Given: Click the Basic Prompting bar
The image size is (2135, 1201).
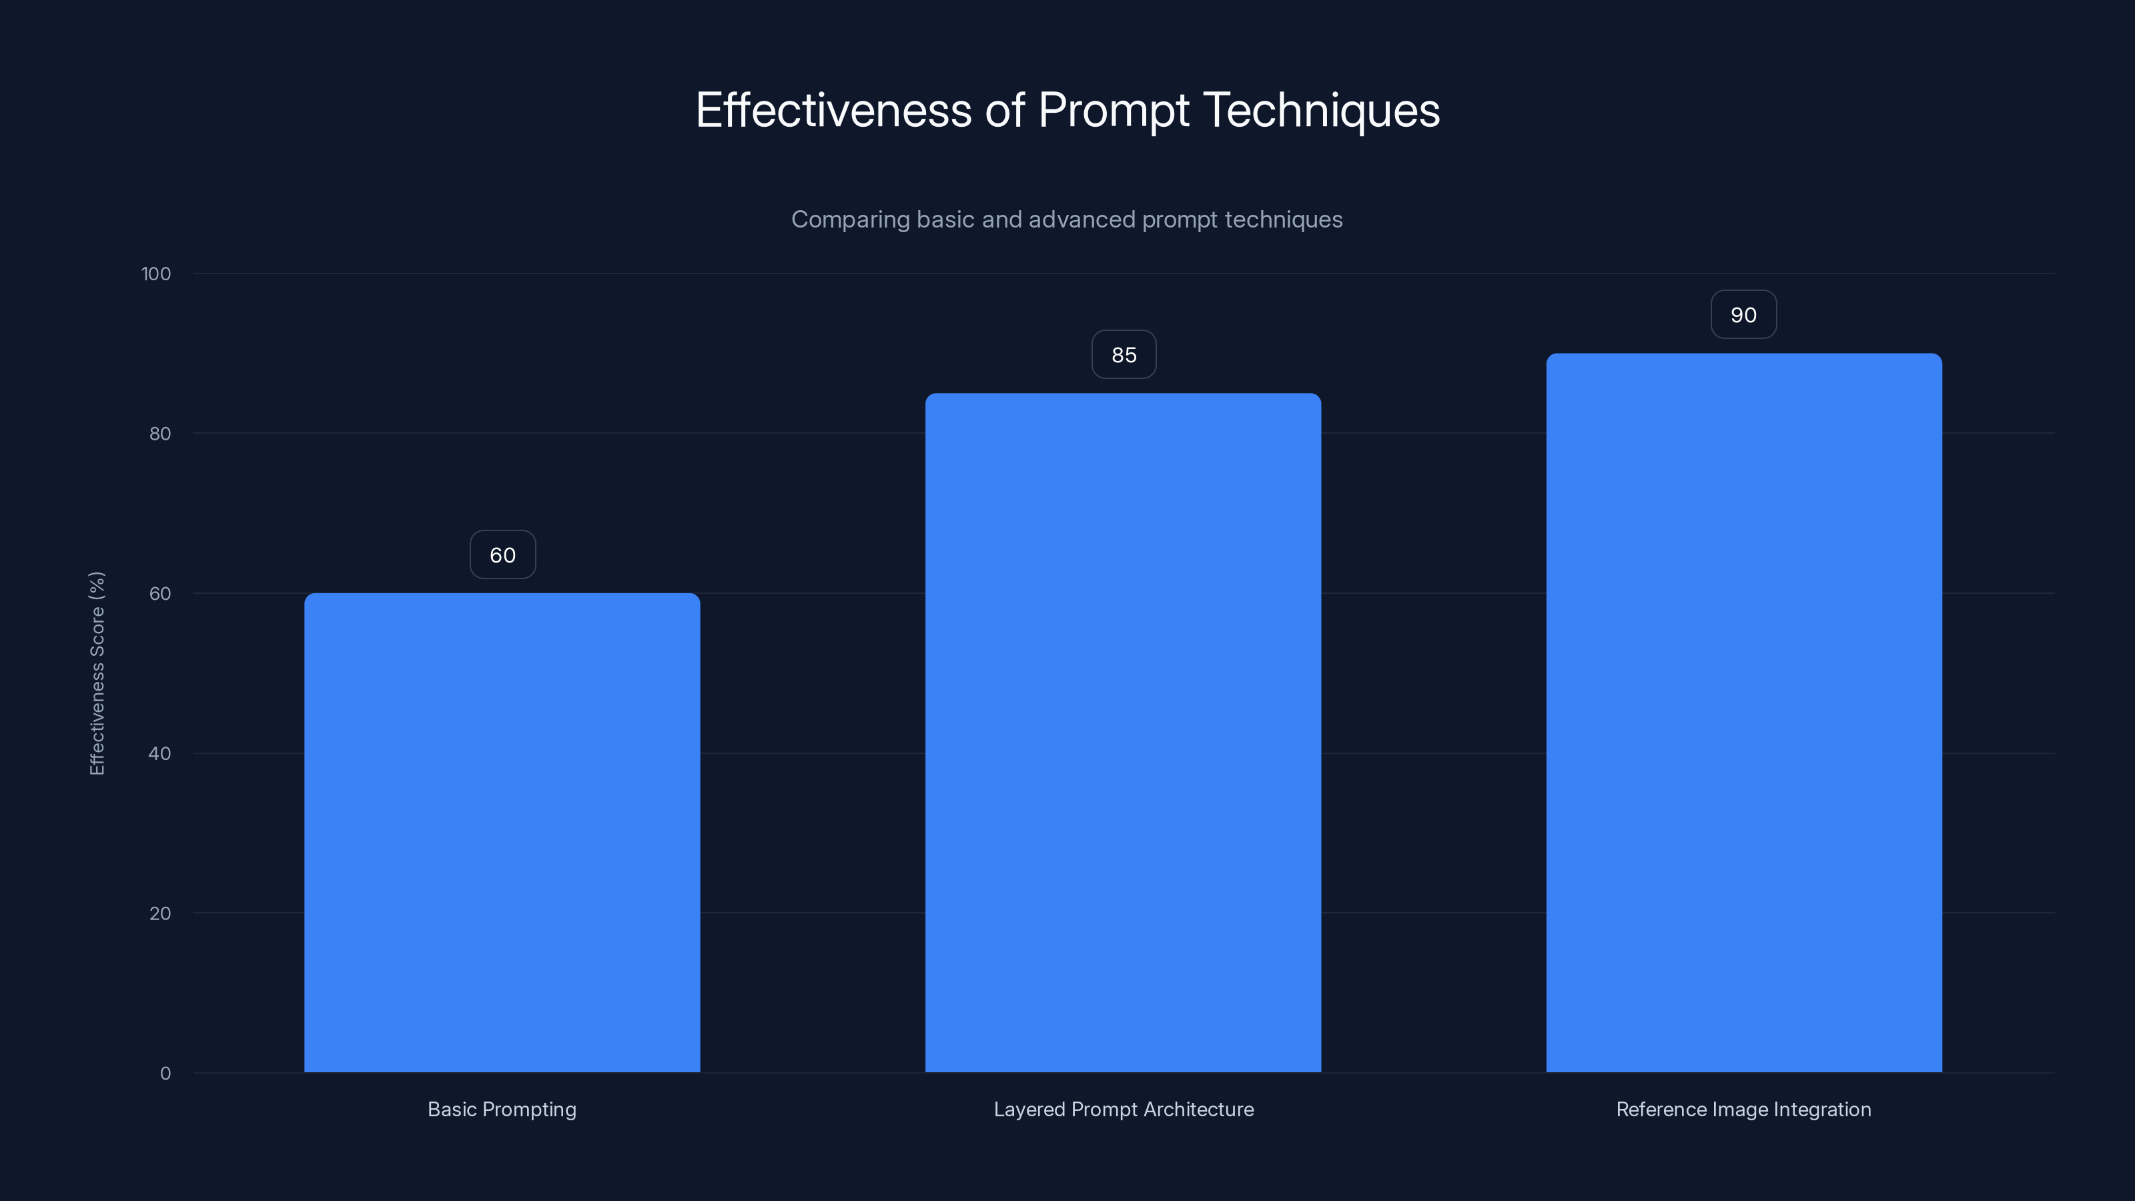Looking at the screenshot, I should (x=502, y=832).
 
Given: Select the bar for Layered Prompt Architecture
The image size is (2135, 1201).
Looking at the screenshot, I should (x=1123, y=733).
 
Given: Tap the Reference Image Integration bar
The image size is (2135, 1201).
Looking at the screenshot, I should (x=1744, y=713).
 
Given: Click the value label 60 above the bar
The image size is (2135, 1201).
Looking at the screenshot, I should (x=502, y=554).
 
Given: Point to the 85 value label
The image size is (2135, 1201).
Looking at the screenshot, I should (x=1124, y=355).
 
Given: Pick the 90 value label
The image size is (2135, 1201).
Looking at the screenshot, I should (x=1744, y=315).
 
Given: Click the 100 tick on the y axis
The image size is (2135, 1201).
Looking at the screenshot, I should (x=156, y=274).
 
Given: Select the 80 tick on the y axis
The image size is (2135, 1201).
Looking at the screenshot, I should (x=160, y=434).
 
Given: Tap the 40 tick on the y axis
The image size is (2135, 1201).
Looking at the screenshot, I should (x=160, y=753).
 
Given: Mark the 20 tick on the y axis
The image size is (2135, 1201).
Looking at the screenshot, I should (x=160, y=913).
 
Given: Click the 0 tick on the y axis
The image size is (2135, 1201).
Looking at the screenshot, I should (x=165, y=1074).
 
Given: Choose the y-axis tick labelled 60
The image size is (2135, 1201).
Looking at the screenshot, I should (x=160, y=593).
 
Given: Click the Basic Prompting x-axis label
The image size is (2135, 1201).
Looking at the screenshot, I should (x=502, y=1109).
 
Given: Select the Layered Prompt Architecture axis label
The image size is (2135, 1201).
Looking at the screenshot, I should (x=1123, y=1109).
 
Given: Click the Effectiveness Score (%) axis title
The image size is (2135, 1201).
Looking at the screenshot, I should (x=97, y=673).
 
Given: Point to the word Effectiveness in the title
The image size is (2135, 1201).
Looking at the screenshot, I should (x=833, y=110).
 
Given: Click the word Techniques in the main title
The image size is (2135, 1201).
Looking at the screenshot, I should (x=1321, y=110).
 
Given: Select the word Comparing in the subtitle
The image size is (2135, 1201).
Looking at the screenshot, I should (x=849, y=220).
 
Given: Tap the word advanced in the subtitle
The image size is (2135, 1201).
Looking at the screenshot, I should (x=1082, y=220).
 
